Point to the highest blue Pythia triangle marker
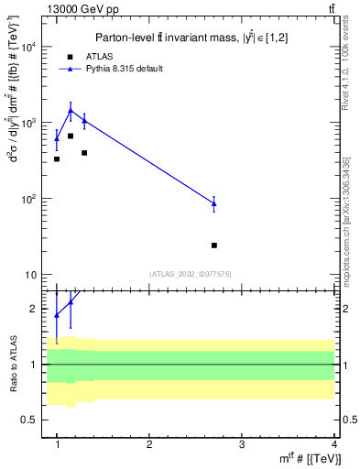(71, 111)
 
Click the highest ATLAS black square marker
(71, 136)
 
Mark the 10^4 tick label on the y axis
(29, 47)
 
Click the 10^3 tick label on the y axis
(29, 123)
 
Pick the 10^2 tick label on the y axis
(29, 199)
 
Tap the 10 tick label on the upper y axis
(31, 275)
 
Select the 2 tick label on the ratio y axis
(35, 310)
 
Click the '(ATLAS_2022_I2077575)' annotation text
(190, 273)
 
